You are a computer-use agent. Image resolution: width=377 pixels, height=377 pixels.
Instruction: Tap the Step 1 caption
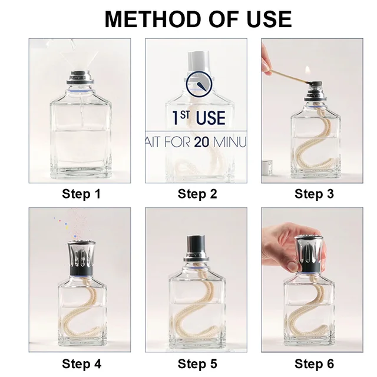(80, 194)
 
